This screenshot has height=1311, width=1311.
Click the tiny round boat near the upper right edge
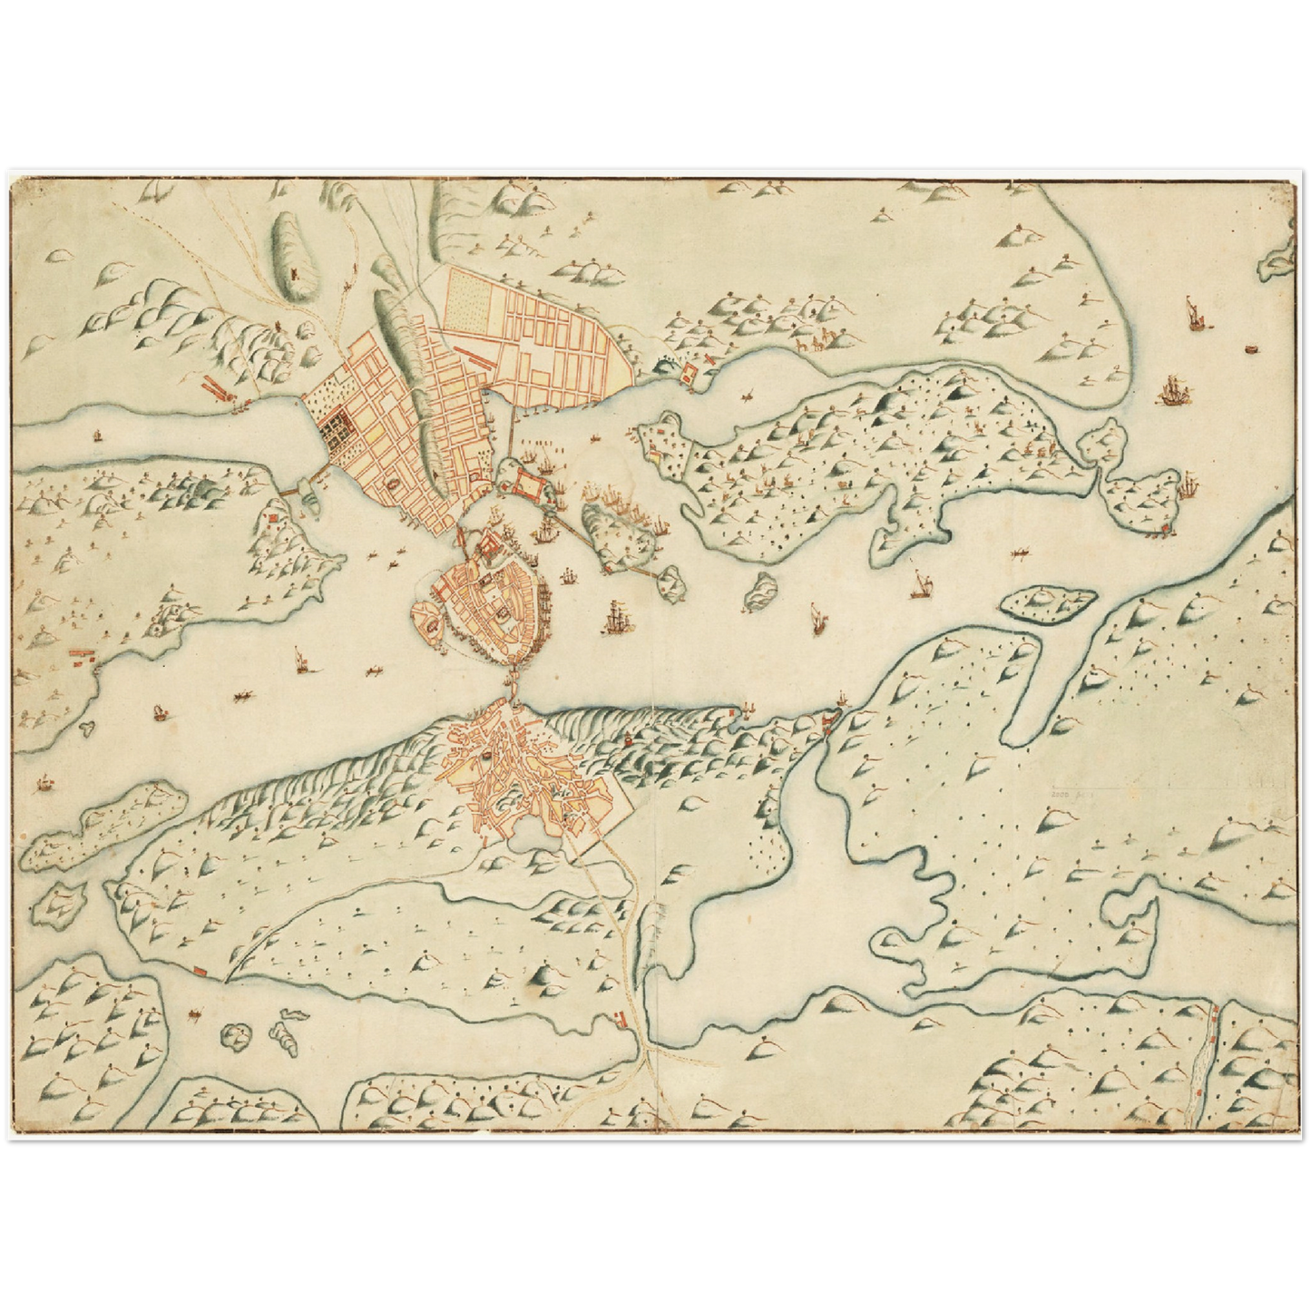click(x=1251, y=348)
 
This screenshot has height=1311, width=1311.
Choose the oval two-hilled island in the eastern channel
click(x=1049, y=602)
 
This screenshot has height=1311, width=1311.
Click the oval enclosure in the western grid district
click(x=392, y=487)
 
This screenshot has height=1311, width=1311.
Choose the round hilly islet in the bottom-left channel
click(x=238, y=1033)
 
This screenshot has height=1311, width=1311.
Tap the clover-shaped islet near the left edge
click(x=88, y=726)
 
